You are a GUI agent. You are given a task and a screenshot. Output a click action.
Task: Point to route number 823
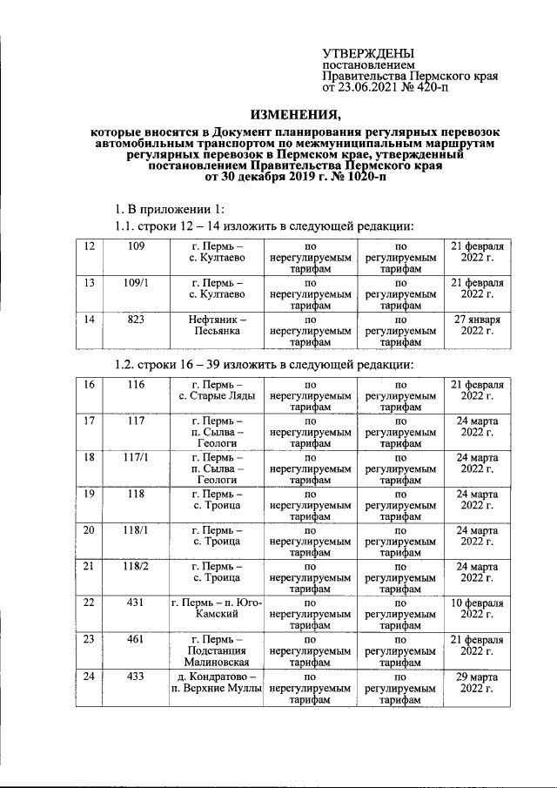[x=135, y=320]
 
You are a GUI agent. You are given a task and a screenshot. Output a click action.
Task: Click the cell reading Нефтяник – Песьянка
[x=216, y=326]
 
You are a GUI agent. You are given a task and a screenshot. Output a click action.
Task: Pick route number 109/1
[x=135, y=283]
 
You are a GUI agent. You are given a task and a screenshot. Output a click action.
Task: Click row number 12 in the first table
[x=88, y=246]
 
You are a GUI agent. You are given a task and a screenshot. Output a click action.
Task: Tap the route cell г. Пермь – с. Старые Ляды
[x=216, y=390]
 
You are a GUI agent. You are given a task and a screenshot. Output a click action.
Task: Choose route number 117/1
[x=135, y=457]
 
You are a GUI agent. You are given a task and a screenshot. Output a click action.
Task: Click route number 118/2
[x=135, y=566]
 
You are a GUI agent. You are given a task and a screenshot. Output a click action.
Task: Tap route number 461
[x=135, y=639]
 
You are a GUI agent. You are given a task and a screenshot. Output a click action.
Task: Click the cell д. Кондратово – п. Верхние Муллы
[x=216, y=682]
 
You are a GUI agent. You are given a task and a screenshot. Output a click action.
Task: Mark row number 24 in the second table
[x=88, y=676]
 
